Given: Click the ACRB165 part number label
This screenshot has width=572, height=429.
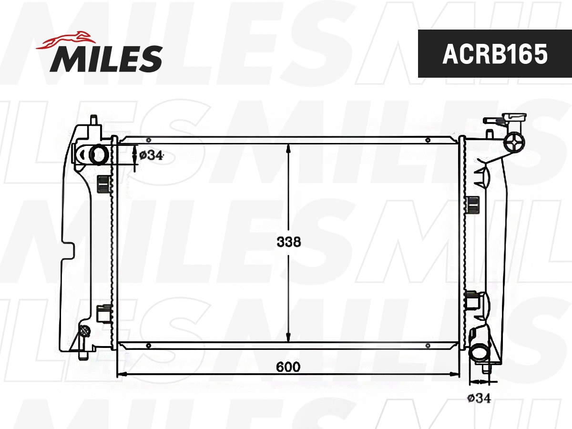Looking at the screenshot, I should click(x=495, y=54).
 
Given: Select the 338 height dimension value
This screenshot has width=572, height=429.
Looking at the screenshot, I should click(x=289, y=242).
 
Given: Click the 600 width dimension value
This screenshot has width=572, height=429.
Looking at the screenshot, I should click(x=288, y=367).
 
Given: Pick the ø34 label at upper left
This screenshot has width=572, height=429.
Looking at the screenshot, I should click(x=151, y=155).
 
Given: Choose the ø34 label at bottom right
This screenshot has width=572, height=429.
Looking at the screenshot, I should click(x=479, y=398).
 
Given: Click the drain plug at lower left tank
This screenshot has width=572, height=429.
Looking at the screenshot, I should click(x=85, y=331).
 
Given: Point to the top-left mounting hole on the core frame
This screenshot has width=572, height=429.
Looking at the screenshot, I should click(x=149, y=140).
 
